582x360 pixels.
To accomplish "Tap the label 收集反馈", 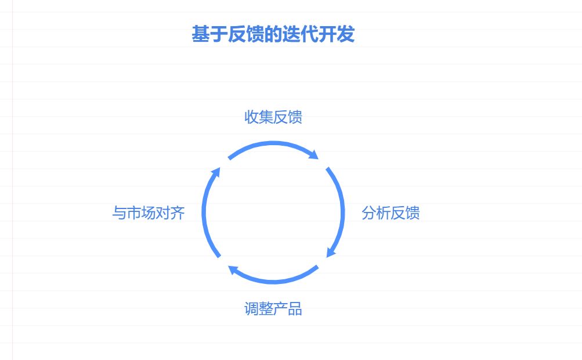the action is (x=273, y=117).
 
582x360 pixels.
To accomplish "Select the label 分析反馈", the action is (x=391, y=213).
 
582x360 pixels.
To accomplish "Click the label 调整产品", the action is (x=273, y=309).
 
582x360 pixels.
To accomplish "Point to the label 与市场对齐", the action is (x=149, y=213).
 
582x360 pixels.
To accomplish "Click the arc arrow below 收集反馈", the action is (x=273, y=143).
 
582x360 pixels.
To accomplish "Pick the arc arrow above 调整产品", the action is (x=273, y=282).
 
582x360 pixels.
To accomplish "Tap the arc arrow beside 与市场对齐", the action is (x=204, y=212).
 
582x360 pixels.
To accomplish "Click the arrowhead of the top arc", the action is (x=314, y=155).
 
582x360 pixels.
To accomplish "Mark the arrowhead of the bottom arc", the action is (x=232, y=269).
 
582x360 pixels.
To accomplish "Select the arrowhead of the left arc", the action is (x=216, y=171).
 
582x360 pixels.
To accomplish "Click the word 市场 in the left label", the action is (x=141, y=213).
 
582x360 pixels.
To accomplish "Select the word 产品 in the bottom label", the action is (x=288, y=309).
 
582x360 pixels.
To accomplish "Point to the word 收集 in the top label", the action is (x=259, y=117).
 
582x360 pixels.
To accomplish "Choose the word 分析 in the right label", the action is (x=376, y=213).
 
